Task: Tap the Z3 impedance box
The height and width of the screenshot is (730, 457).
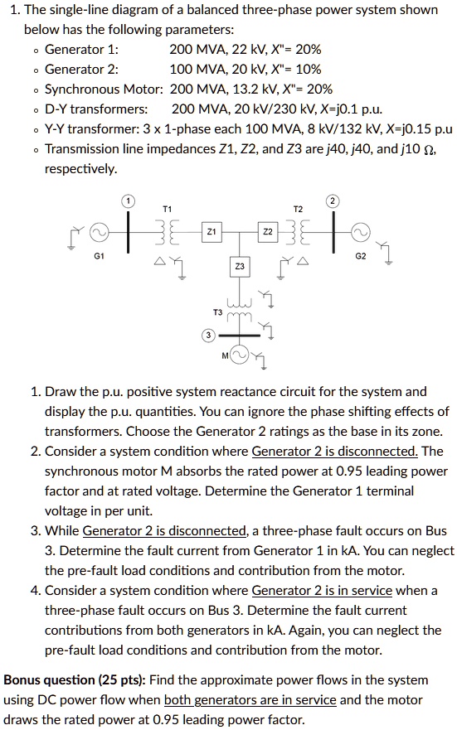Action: (x=239, y=267)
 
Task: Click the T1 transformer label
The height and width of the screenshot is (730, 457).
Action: (x=168, y=208)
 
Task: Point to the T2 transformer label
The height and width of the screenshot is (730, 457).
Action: (x=298, y=209)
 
